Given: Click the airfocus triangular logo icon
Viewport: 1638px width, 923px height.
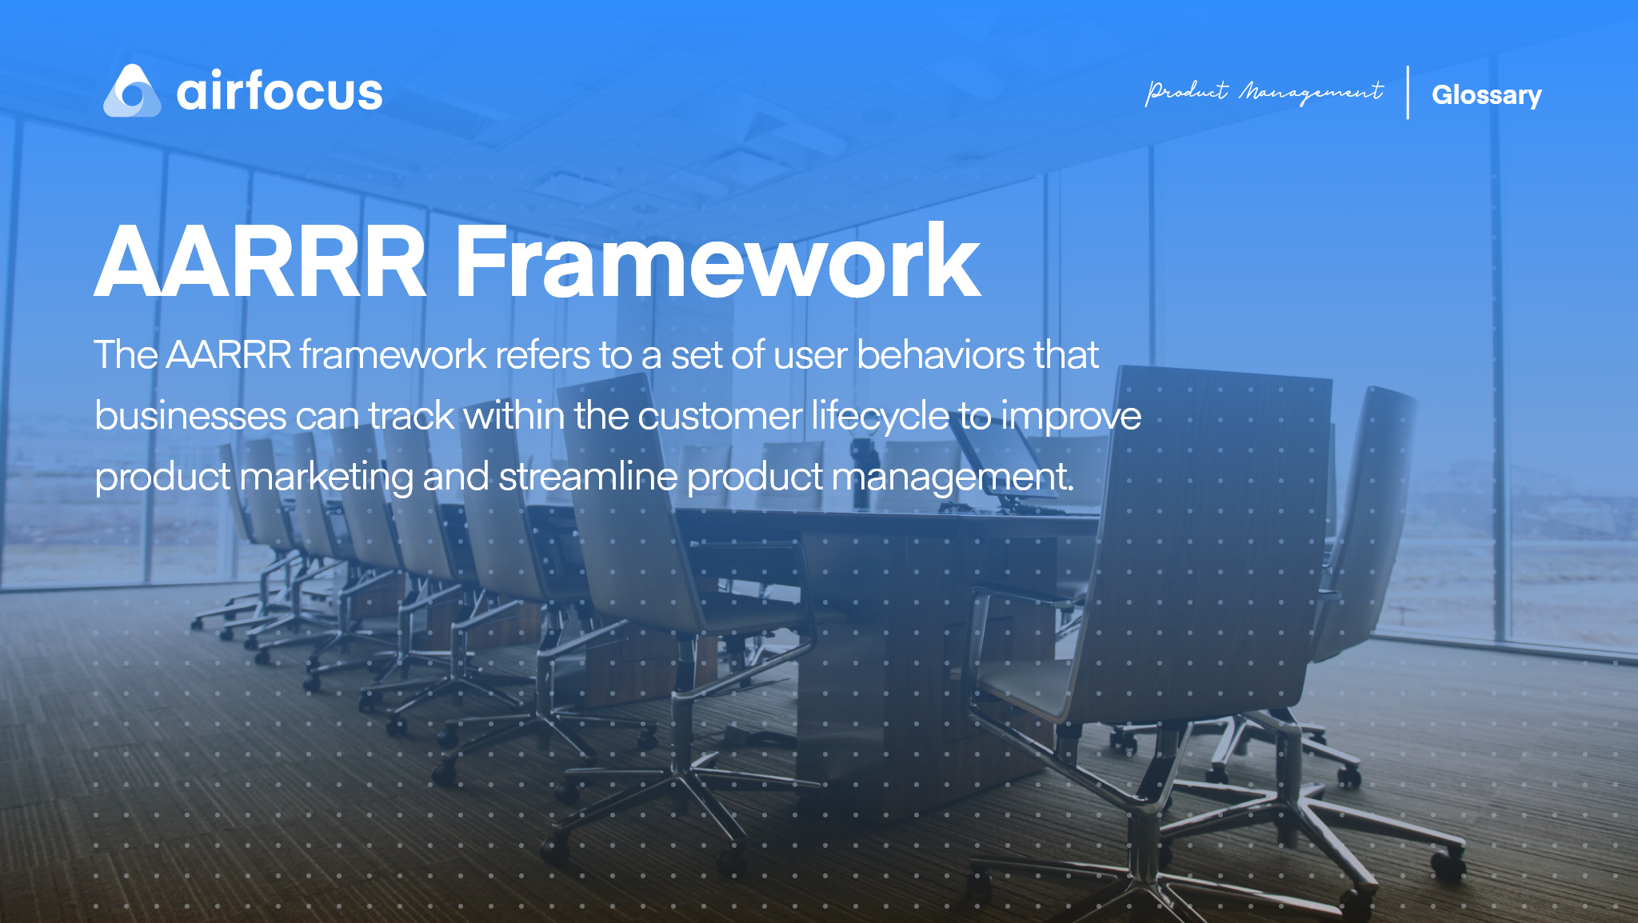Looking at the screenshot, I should [x=132, y=91].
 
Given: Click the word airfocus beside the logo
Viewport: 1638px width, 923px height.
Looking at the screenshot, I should [x=279, y=91].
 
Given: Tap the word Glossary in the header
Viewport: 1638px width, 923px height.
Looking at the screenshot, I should [x=1486, y=94].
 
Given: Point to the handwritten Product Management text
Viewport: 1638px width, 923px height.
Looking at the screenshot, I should [x=1264, y=92].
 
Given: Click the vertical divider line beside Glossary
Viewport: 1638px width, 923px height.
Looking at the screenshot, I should [x=1408, y=93].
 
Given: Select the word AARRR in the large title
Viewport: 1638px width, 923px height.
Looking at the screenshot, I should [x=261, y=261].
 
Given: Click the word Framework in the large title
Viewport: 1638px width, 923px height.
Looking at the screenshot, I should [x=717, y=261].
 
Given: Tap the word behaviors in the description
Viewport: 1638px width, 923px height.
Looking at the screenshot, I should [x=940, y=354].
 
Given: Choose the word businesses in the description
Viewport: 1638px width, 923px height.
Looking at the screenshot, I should [x=190, y=415].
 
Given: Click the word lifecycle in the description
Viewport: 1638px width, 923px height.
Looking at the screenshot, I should [x=880, y=415].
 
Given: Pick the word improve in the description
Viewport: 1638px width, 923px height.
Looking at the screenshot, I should [x=1071, y=417].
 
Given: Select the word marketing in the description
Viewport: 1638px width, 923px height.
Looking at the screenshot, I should [x=326, y=477].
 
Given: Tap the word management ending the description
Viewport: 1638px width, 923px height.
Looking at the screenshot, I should [x=952, y=477].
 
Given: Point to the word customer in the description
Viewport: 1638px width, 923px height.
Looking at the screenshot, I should [x=720, y=415].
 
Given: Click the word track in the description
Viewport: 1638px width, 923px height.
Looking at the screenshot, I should [x=411, y=415].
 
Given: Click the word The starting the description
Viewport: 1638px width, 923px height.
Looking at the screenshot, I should [x=126, y=354].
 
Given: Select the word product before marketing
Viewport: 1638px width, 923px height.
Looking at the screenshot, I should [x=162, y=477].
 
